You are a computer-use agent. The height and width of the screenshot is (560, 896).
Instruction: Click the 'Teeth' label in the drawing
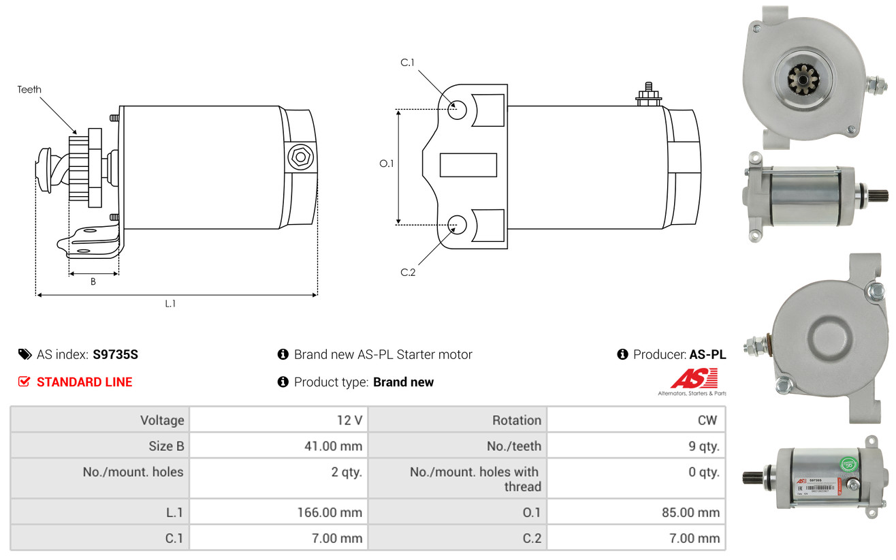click(29, 89)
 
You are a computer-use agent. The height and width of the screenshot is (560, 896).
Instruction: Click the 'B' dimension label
click(93, 282)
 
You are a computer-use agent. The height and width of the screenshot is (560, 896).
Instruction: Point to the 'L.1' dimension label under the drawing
click(170, 304)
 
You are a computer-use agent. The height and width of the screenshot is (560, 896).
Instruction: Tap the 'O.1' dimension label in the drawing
click(386, 164)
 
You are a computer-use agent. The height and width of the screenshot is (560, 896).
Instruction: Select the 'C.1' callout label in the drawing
click(407, 63)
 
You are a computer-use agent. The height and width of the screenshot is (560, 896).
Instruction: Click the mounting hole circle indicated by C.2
click(458, 223)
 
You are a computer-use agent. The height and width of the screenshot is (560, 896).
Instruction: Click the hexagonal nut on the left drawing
click(300, 157)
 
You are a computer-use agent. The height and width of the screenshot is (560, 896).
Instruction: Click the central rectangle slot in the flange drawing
click(468, 165)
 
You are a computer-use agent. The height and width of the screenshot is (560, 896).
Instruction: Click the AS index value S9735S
click(116, 354)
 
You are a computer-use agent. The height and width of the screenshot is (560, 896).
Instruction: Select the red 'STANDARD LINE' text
click(84, 382)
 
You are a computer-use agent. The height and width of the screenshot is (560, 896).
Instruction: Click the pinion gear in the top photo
click(803, 80)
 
